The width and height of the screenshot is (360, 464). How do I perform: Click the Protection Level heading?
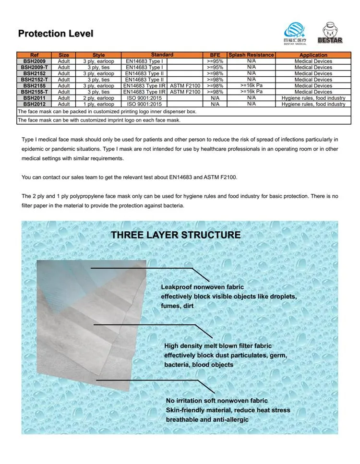pyautogui.click(x=56, y=34)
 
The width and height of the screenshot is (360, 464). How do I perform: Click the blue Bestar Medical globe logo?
pyautogui.click(x=295, y=32)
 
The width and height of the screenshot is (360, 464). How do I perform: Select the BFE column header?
pyautogui.click(x=215, y=55)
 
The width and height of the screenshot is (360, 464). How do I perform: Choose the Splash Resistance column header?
pyautogui.click(x=251, y=55)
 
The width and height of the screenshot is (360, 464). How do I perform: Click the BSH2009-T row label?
pyautogui.click(x=35, y=68)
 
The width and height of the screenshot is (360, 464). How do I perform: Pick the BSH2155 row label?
pyautogui.click(x=35, y=86)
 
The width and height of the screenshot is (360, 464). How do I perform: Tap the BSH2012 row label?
pyautogui.click(x=35, y=104)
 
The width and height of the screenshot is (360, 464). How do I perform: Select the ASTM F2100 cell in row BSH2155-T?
pyautogui.click(x=185, y=92)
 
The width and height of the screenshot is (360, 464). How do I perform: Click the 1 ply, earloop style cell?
pyautogui.click(x=98, y=104)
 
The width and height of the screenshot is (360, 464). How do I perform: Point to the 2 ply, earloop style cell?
pyautogui.click(x=98, y=98)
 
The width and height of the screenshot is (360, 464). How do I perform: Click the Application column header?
pyautogui.click(x=313, y=55)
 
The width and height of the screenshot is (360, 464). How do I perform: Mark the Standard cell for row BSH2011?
pyautogui.click(x=144, y=98)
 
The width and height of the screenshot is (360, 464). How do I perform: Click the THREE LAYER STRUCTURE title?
pyautogui.click(x=176, y=235)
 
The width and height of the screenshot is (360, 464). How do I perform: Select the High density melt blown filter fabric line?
pyautogui.click(x=218, y=345)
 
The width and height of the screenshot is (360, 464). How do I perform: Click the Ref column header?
pyautogui.click(x=35, y=55)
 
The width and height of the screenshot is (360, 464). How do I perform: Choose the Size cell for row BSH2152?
pyautogui.click(x=64, y=73)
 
